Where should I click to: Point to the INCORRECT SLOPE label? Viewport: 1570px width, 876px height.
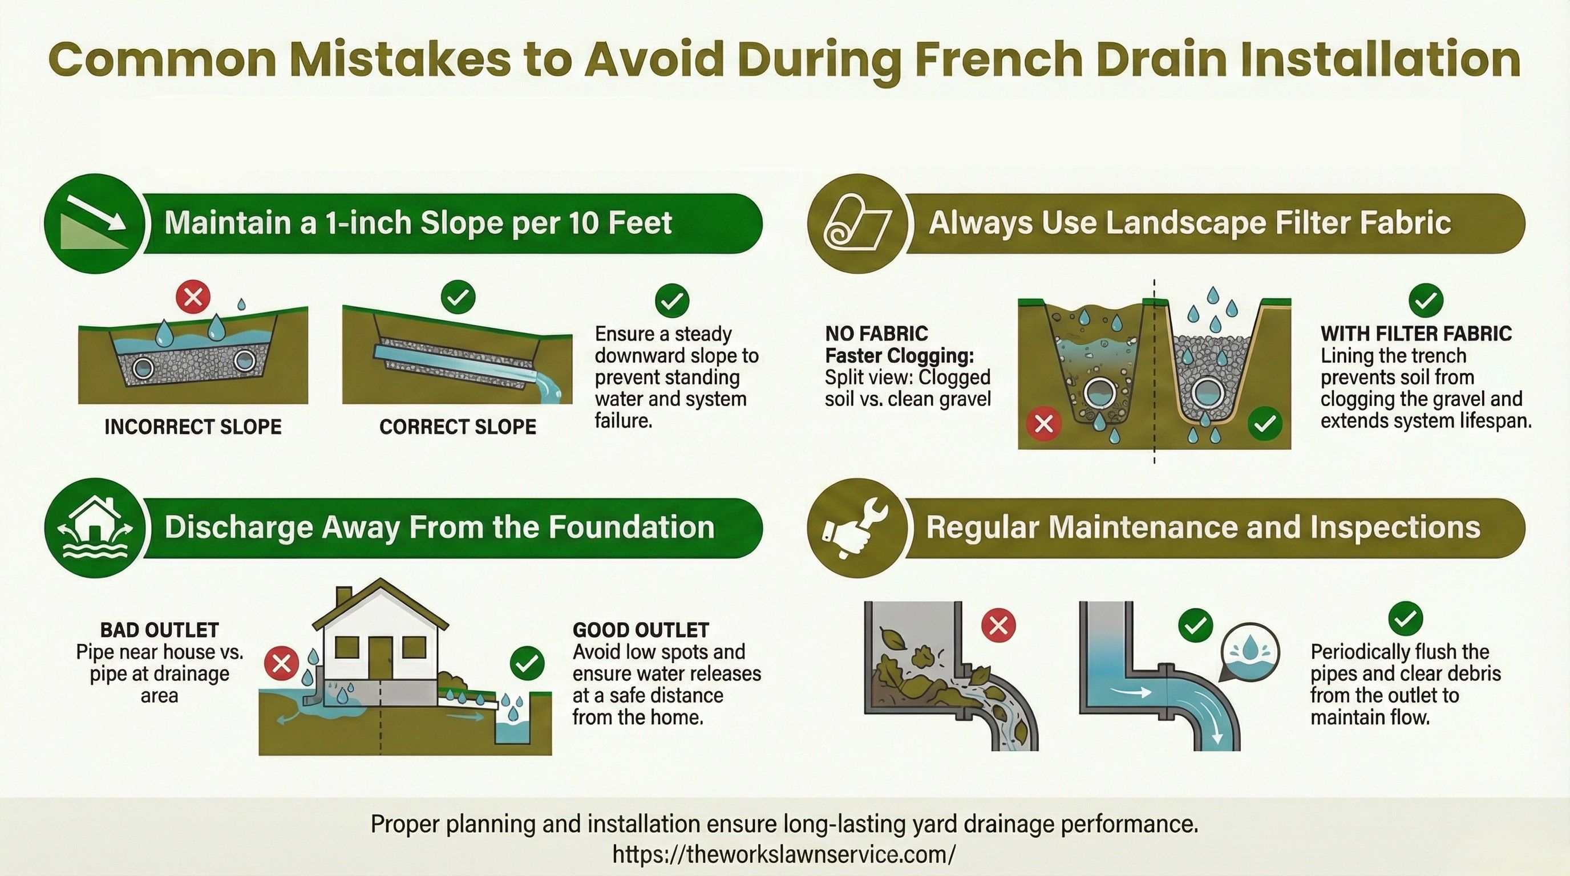pyautogui.click(x=193, y=427)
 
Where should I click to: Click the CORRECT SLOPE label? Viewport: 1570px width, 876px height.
pyautogui.click(x=458, y=427)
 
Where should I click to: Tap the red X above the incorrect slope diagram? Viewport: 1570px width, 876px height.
pyautogui.click(x=193, y=298)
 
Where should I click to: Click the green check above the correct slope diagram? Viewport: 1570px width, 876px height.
pyautogui.click(x=458, y=298)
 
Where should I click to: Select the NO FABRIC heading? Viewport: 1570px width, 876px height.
pyautogui.click(x=876, y=334)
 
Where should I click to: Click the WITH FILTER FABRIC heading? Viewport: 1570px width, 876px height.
pyautogui.click(x=1417, y=334)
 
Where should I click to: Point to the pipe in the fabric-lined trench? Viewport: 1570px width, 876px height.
pyautogui.click(x=1207, y=394)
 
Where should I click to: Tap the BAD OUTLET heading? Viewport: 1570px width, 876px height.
pyautogui.click(x=160, y=630)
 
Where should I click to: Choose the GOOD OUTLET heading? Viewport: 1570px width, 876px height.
pyautogui.click(x=641, y=630)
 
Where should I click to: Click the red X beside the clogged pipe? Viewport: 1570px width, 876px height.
pyautogui.click(x=999, y=625)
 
